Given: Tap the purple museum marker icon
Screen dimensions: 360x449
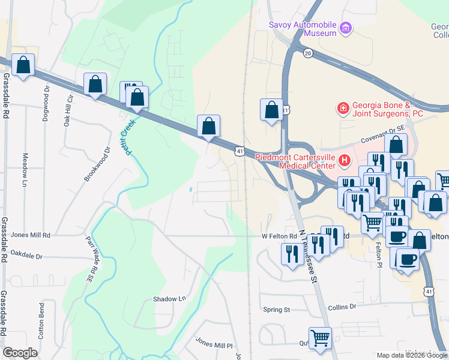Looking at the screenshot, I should click(345, 28).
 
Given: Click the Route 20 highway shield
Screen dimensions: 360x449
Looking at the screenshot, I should click(308, 53).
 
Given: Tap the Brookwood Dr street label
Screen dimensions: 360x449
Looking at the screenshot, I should click(98, 164).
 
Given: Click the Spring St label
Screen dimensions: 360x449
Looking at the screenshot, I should click(277, 310).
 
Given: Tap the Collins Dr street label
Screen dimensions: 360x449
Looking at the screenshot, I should click(342, 307).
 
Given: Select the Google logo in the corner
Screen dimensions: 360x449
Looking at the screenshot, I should click(20, 353).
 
